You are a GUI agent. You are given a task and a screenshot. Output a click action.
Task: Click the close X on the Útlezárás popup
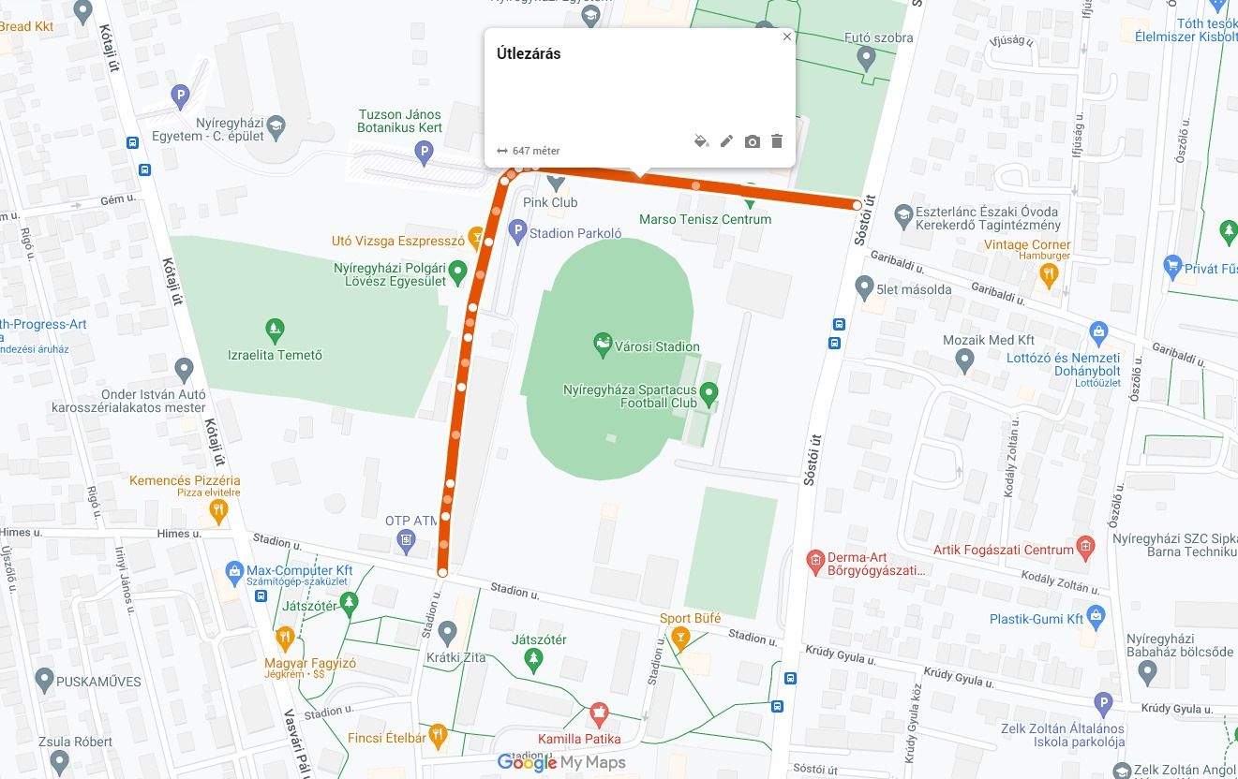coord(787,37)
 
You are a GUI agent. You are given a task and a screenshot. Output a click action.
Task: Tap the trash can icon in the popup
coord(777,141)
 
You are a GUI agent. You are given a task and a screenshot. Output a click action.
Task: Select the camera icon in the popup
coord(752,141)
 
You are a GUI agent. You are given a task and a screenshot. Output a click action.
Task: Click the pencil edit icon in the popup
coord(726,141)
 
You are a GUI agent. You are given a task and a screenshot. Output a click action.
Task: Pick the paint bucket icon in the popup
coord(701,141)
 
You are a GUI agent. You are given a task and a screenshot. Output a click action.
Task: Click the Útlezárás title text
coord(529,54)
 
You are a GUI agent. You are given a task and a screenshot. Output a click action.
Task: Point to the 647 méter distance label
coord(535,151)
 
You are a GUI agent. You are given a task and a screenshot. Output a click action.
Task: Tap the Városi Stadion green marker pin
coord(603,345)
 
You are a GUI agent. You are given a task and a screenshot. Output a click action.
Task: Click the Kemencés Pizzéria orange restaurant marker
coord(218,510)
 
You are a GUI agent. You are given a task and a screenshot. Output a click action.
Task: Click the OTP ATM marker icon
coord(406,539)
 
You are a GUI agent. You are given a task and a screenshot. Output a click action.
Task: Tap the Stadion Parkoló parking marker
coord(517,232)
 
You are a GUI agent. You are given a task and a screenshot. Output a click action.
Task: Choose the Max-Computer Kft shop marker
coord(234,570)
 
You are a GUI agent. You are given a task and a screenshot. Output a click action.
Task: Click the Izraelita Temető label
coord(276,355)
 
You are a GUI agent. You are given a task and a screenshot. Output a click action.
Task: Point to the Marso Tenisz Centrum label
coord(705,219)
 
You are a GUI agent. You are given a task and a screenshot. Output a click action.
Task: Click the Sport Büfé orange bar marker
coord(680,639)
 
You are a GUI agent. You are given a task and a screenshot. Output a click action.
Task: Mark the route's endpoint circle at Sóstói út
coord(858,204)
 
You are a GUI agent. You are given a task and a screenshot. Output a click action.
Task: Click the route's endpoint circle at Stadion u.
coord(442,571)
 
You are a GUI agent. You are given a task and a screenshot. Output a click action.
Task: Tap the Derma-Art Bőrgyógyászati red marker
coord(814,562)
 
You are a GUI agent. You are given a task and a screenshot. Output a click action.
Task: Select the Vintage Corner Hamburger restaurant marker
coord(1049,274)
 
